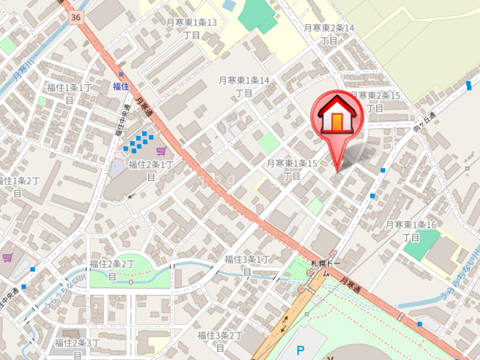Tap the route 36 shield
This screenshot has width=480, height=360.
click(x=75, y=18)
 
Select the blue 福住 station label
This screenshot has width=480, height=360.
click(x=121, y=86)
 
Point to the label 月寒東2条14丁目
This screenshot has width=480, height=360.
click(x=329, y=34)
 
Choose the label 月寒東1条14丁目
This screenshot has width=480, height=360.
click(x=244, y=86)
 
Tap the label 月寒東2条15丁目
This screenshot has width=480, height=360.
click(x=375, y=101)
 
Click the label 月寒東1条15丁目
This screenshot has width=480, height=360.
click(x=292, y=169)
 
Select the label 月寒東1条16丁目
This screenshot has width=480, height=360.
click(x=411, y=231)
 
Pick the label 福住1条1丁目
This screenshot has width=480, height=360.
click(x=70, y=94)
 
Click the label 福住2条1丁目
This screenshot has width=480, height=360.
click(x=151, y=170)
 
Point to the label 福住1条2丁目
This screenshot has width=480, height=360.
click(x=18, y=187)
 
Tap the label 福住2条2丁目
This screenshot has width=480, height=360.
click(x=112, y=269)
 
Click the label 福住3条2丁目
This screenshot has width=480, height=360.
click(x=220, y=341)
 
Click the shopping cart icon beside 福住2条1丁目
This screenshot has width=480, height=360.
click(x=160, y=151)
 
